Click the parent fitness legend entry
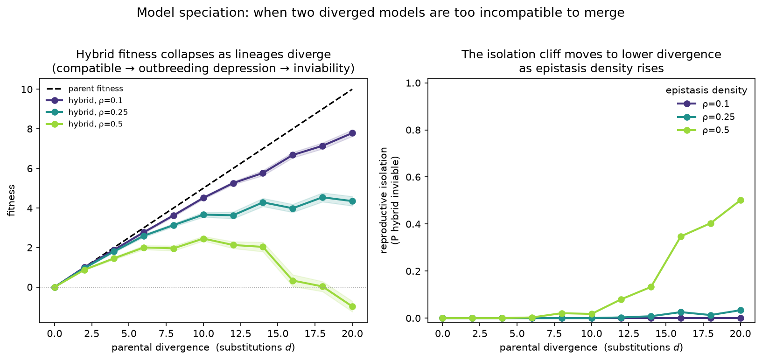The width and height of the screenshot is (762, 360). (x=85, y=89)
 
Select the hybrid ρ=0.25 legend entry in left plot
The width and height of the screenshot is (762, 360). (x=87, y=112)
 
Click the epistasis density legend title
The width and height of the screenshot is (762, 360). (x=706, y=90)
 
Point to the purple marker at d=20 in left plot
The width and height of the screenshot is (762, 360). (x=352, y=133)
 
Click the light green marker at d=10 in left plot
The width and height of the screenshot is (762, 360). (x=203, y=239)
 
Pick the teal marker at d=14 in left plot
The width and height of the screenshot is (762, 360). (x=263, y=202)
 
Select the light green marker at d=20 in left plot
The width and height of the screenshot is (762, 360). (x=352, y=307)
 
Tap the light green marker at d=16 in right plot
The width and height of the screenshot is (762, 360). (x=681, y=236)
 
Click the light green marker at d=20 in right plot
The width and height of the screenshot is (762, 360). (x=740, y=200)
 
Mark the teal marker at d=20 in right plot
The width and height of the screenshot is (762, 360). (x=740, y=311)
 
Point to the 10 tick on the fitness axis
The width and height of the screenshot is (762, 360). (x=28, y=90)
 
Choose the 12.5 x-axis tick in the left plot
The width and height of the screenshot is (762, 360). (x=240, y=334)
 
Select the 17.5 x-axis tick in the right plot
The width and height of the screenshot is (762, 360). (x=710, y=334)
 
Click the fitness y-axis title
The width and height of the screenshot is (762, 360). (x=12, y=200)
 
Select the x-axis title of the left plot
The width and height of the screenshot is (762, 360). (x=203, y=348)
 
